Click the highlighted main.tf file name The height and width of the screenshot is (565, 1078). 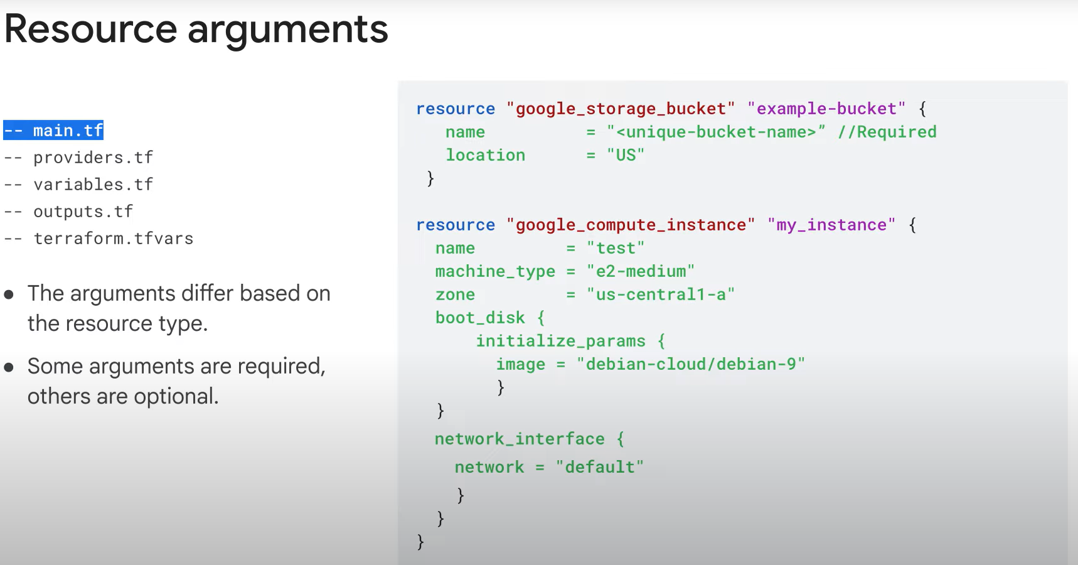[x=67, y=131]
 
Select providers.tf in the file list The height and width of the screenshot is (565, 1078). [x=93, y=158]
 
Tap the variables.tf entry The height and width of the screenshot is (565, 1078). [x=93, y=185]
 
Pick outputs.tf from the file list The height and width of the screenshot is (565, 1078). [x=83, y=212]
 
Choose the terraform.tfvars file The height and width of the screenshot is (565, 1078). [x=113, y=239]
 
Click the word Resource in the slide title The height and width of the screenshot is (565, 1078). [x=91, y=30]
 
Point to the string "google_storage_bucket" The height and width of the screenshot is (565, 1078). [x=620, y=109]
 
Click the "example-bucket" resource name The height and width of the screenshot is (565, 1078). [x=826, y=109]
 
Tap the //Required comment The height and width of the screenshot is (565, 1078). [x=887, y=132]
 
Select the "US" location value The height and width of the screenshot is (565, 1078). [x=626, y=155]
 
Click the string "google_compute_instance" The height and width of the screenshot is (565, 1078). [x=630, y=225]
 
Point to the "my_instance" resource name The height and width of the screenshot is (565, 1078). [x=831, y=225]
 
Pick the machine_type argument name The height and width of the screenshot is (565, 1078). [x=495, y=271]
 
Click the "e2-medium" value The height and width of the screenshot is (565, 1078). [x=641, y=271]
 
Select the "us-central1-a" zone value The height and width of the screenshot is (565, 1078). [x=660, y=294]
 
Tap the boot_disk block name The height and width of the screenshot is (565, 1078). [x=480, y=318]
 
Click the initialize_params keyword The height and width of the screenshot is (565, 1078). [x=560, y=341]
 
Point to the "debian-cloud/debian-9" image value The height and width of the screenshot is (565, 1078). [x=690, y=364]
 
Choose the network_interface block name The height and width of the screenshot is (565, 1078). [x=520, y=439]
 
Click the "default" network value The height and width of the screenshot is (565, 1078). [x=600, y=467]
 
